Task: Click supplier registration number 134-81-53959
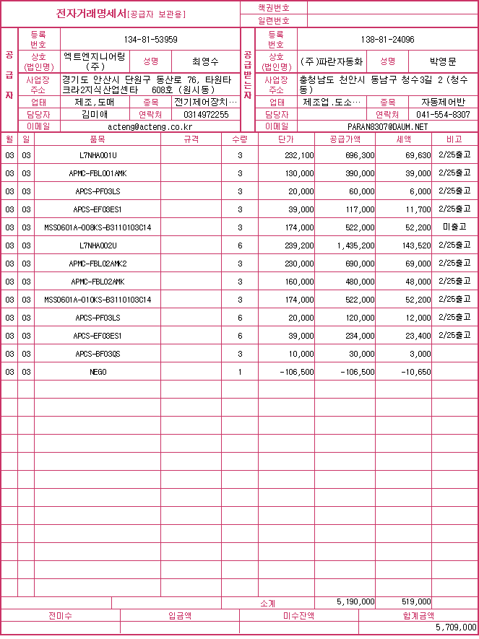click(x=151, y=40)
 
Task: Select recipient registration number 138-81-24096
click(x=387, y=40)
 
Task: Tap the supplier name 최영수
click(x=205, y=61)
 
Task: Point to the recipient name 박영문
click(x=443, y=61)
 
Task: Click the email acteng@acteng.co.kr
click(x=150, y=126)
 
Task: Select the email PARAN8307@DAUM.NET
click(x=387, y=126)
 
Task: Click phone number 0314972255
click(x=206, y=114)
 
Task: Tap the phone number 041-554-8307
click(x=444, y=114)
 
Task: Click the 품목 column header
click(x=97, y=138)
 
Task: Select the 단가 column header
click(x=286, y=138)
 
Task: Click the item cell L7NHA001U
click(x=98, y=155)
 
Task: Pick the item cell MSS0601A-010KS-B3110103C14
click(x=98, y=300)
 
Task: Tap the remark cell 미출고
click(x=454, y=227)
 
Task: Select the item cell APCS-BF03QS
click(x=98, y=354)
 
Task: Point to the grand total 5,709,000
click(x=456, y=627)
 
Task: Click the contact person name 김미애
click(x=95, y=114)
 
